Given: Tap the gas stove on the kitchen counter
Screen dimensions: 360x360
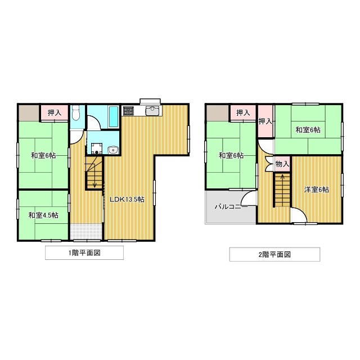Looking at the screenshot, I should pos(128,110).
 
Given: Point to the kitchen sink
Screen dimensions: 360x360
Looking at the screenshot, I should pos(151,110).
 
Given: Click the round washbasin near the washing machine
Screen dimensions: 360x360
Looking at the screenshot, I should pos(112,150).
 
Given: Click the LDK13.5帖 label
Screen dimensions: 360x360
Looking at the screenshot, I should pos(127,199).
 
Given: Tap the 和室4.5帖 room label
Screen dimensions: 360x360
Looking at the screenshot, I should pos(43,214).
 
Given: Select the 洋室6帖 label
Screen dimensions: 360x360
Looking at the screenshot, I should pos(316,190).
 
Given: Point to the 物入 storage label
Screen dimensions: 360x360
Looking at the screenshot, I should pos(282,164).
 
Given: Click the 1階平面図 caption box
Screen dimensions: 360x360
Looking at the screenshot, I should pos(84,253).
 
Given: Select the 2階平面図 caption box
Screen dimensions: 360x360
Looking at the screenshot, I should pos(274,254).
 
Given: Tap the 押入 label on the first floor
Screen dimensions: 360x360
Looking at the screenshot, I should pos(55,112).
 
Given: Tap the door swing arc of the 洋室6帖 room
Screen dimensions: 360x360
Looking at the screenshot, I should pos(299,215).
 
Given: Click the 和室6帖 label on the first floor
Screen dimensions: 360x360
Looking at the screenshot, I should pos(43,155).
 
